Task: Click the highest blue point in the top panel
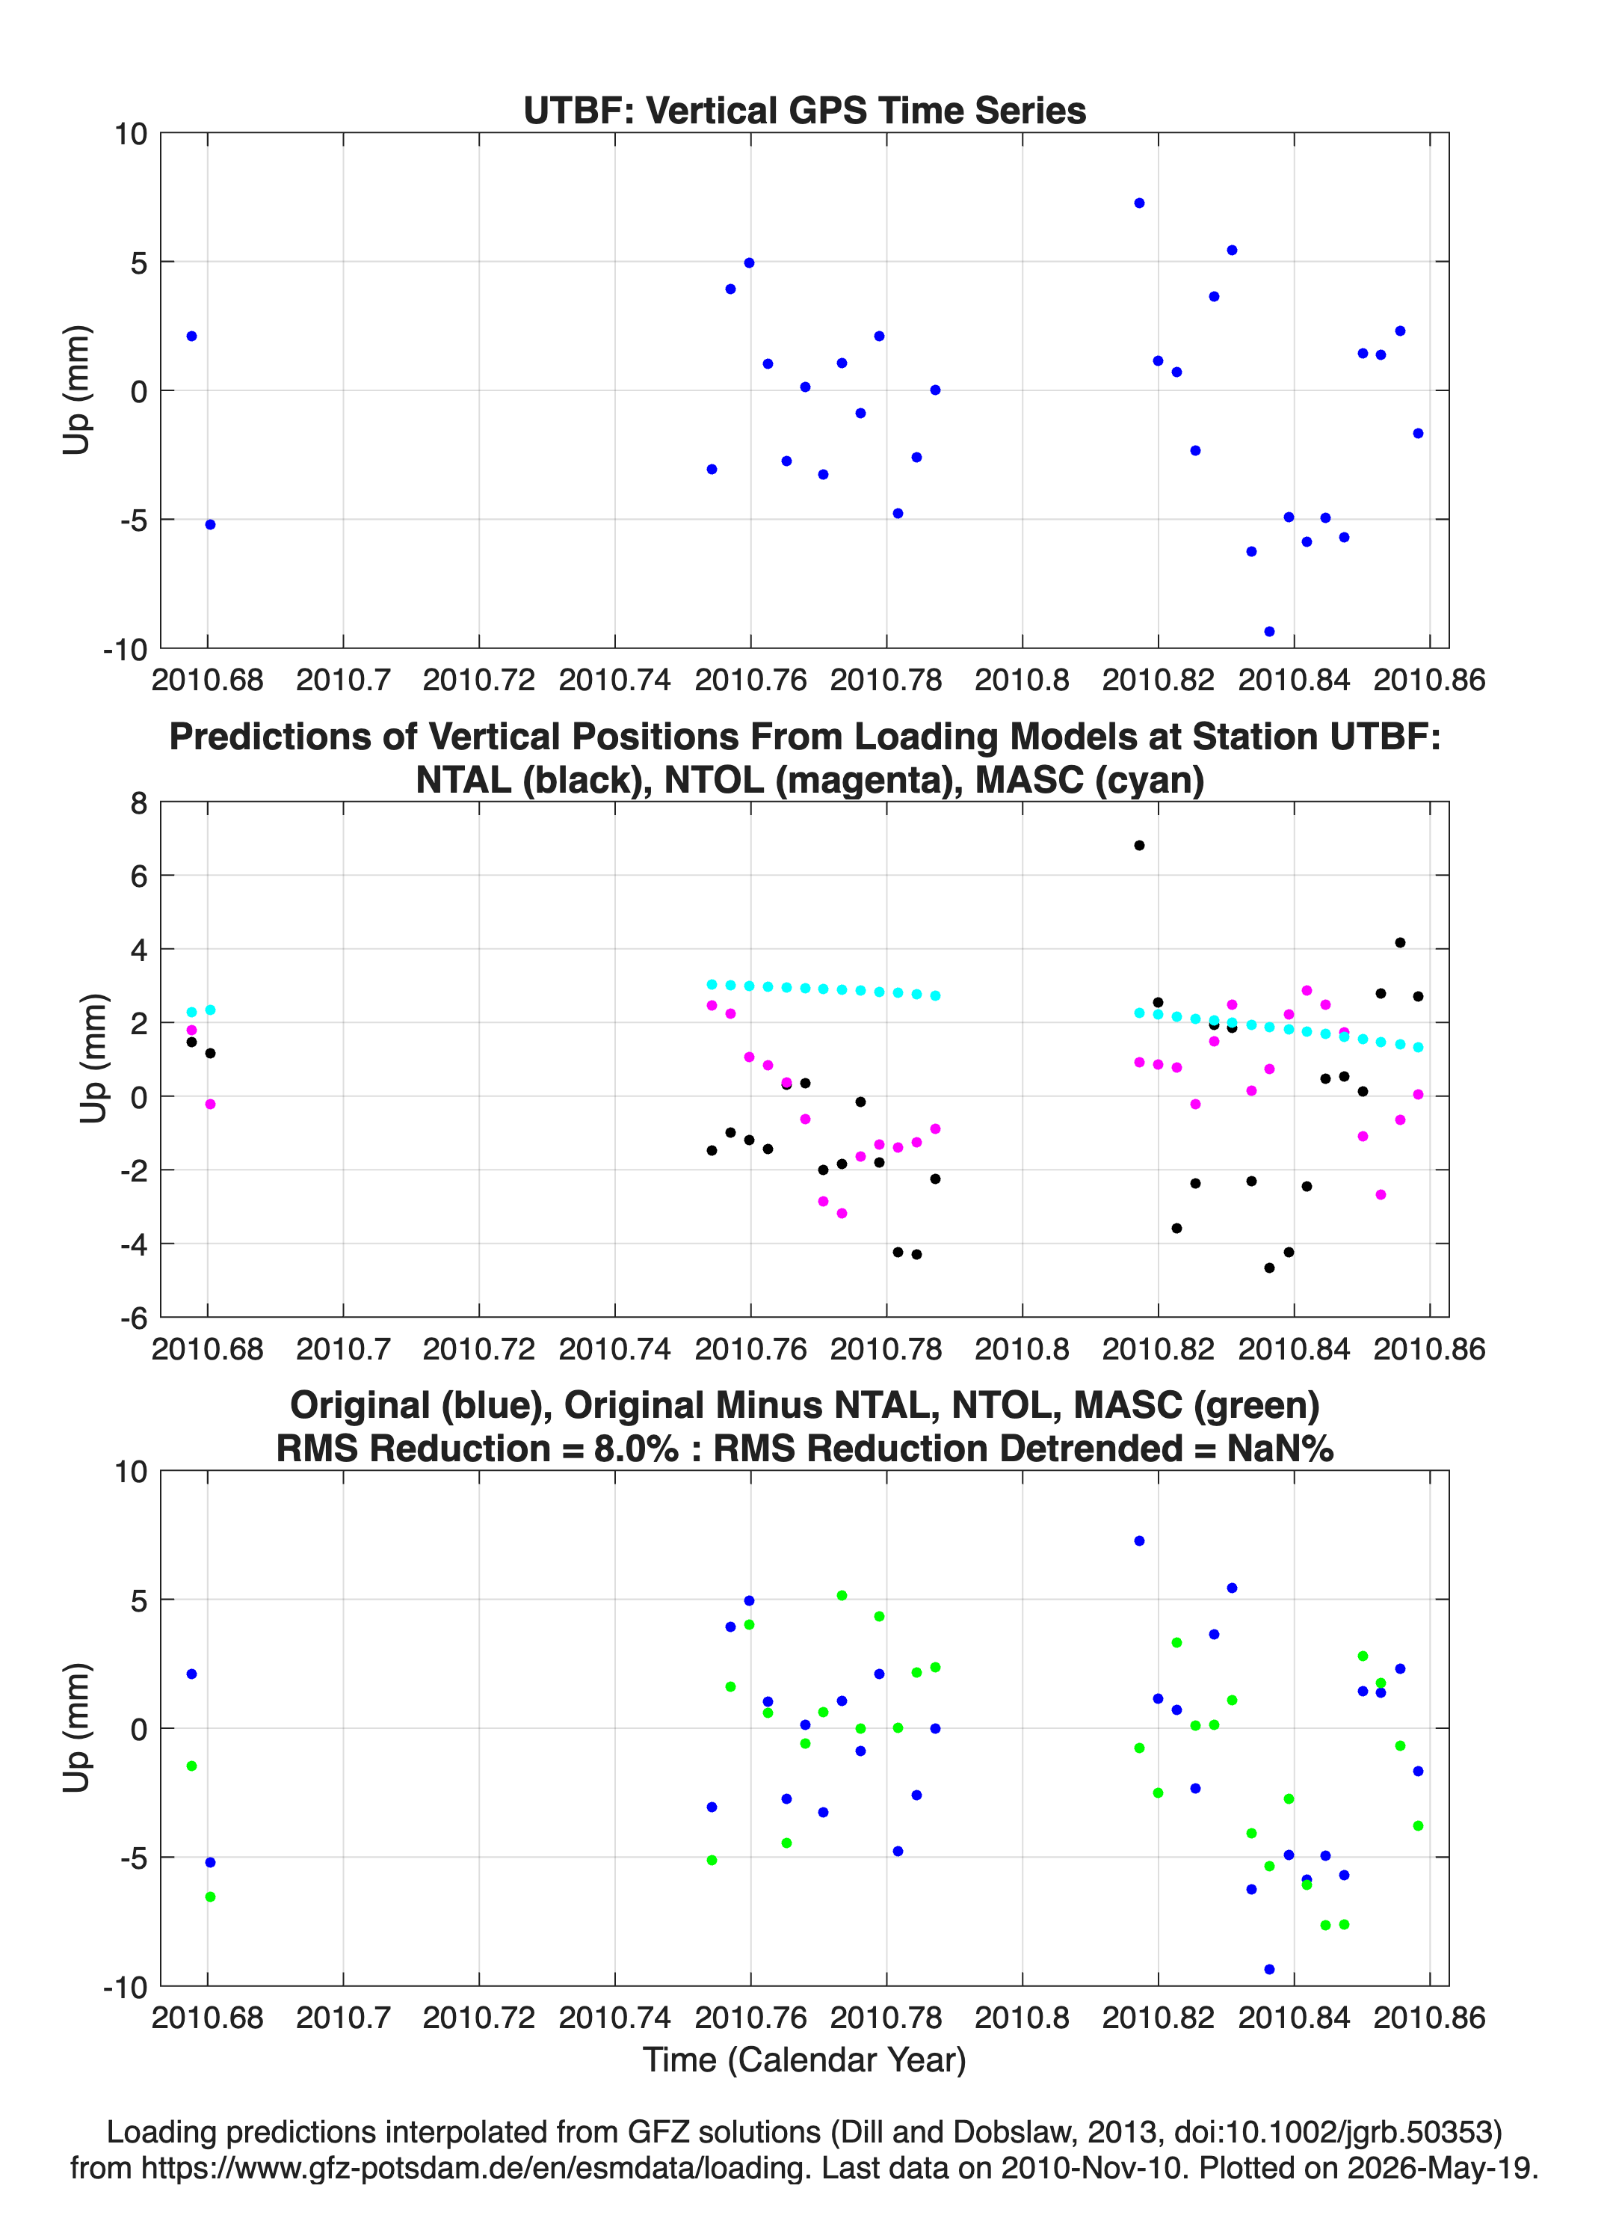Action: tap(1139, 203)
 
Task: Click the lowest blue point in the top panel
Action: tap(1269, 631)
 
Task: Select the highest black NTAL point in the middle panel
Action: tap(1139, 846)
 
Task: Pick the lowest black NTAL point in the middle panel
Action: tap(1269, 1268)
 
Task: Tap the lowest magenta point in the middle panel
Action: tap(842, 1213)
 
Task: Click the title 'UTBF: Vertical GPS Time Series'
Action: tap(805, 111)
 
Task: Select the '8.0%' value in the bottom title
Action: tap(635, 1449)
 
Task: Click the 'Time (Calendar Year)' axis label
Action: tap(805, 2060)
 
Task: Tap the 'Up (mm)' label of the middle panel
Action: tap(93, 1059)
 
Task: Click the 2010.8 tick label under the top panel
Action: tap(1023, 680)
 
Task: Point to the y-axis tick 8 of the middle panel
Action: tap(138, 803)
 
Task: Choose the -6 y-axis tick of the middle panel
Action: tap(134, 1318)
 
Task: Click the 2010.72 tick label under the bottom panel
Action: tap(478, 2018)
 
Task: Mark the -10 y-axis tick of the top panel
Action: tap(125, 649)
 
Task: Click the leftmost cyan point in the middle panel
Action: tap(191, 1013)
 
